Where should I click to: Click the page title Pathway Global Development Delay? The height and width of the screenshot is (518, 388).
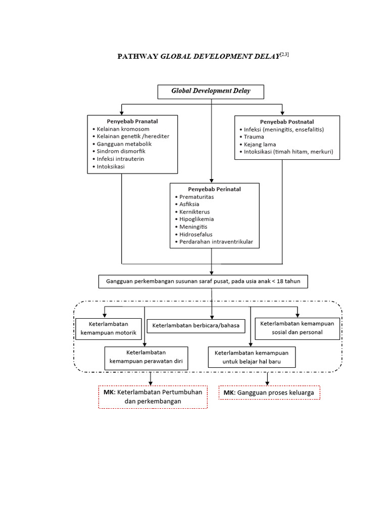tap(203, 56)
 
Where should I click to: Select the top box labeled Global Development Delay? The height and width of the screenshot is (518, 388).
tap(211, 92)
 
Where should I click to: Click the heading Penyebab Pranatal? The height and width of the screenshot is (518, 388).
tap(132, 121)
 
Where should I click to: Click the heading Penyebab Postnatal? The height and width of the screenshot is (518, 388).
tap(286, 122)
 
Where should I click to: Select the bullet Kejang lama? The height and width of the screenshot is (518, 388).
tap(260, 144)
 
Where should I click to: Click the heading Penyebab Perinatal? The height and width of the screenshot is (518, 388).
tap(214, 189)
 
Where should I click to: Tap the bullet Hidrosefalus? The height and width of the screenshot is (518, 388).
tap(196, 235)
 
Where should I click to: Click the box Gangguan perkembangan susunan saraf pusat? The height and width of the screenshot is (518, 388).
tap(202, 281)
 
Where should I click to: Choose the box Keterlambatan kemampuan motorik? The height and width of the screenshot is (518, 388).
tap(108, 329)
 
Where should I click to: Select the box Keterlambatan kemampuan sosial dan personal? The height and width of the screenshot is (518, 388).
tap(298, 328)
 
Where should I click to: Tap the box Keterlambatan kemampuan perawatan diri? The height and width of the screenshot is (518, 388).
tap(146, 357)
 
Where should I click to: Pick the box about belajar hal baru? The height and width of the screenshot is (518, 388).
tap(251, 357)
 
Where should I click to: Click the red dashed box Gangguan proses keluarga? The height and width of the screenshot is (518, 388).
tap(269, 393)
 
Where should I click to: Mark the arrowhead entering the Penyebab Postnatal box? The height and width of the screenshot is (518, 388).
tap(282, 112)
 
